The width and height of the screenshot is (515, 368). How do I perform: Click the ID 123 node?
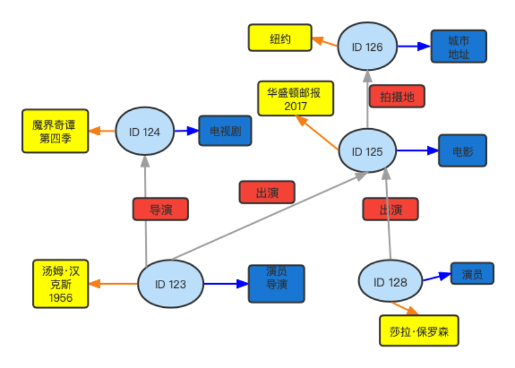pyautogui.click(x=170, y=284)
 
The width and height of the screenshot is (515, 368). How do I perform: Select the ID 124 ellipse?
pyautogui.click(x=144, y=132)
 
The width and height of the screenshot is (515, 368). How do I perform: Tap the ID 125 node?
pyautogui.click(x=367, y=152)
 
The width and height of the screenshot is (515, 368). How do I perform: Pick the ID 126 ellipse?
pyautogui.click(x=367, y=46)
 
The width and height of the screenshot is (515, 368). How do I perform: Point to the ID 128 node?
pyautogui.click(x=390, y=282)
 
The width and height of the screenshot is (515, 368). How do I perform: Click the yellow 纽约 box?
pyautogui.click(x=280, y=38)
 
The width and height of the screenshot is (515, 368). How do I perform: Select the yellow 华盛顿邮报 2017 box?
pyautogui.click(x=296, y=99)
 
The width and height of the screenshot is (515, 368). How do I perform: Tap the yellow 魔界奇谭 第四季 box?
pyautogui.click(x=55, y=131)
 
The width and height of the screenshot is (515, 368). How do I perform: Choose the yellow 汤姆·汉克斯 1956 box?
pyautogui.click(x=60, y=283)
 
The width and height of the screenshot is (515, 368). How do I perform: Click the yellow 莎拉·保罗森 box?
pyautogui.click(x=419, y=331)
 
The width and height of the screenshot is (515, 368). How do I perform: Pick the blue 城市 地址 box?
pyautogui.click(x=459, y=46)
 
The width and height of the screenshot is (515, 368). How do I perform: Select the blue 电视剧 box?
pyautogui.click(x=225, y=131)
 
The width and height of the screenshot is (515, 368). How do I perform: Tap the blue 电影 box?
pyautogui.click(x=462, y=151)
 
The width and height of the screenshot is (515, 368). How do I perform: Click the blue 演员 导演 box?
pyautogui.click(x=276, y=284)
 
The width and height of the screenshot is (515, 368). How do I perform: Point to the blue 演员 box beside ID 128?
pyautogui.click(x=472, y=273)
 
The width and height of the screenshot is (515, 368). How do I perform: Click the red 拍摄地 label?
pyautogui.click(x=397, y=96)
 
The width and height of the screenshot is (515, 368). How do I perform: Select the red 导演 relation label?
pyautogui.click(x=161, y=209)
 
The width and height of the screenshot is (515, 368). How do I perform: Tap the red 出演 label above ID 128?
pyautogui.click(x=390, y=209)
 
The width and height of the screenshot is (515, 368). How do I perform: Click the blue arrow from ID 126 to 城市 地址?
pyautogui.click(x=414, y=46)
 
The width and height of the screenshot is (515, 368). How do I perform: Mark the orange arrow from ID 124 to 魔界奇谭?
pyautogui.click(x=102, y=131)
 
